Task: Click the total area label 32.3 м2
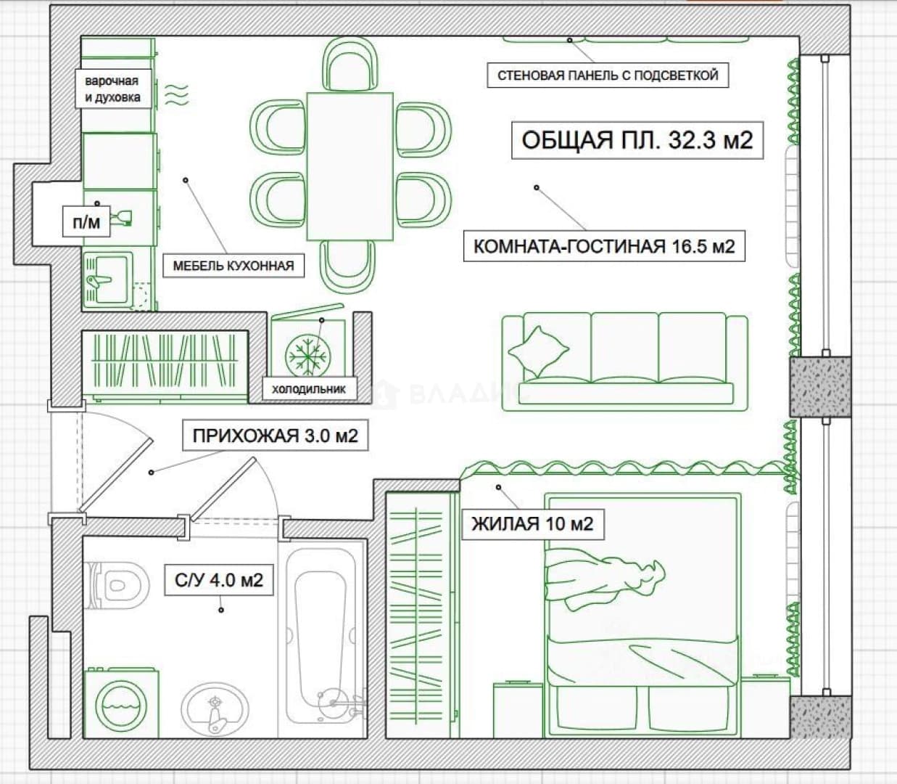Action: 637,140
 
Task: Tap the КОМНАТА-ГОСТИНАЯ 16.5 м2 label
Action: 604,246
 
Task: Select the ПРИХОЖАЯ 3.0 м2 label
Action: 276,436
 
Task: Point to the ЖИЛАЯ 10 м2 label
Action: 533,524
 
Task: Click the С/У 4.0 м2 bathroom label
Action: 219,581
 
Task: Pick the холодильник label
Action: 309,388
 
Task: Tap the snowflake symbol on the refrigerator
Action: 308,355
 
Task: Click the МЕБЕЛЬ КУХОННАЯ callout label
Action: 233,266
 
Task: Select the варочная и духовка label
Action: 112,89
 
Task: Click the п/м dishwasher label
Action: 86,222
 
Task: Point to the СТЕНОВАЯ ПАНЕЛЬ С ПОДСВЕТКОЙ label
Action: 608,75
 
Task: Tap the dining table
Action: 350,167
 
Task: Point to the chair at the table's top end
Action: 350,66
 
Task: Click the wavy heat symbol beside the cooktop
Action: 177,96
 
